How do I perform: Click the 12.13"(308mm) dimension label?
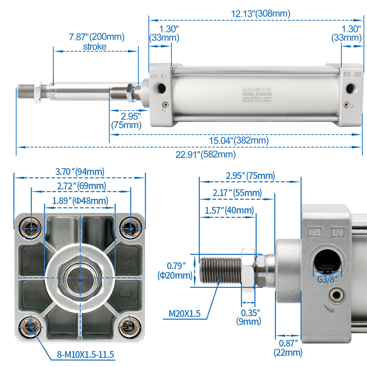point(260,13)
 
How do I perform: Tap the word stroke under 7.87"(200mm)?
point(95,47)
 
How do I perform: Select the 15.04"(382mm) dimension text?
point(239,141)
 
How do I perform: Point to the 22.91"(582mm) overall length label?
point(206,154)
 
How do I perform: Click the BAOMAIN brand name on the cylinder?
point(257,90)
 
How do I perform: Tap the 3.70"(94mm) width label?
point(80,172)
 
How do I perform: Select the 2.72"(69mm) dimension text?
point(81,186)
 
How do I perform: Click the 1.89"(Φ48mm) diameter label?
point(80,201)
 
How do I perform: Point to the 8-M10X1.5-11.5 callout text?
point(85,354)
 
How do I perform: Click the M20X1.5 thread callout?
point(185,313)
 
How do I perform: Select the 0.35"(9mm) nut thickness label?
point(249,317)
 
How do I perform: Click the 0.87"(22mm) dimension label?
point(288,348)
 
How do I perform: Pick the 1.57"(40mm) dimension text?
point(229,210)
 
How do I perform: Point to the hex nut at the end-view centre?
point(80,277)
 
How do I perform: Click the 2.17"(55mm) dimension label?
point(237,193)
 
